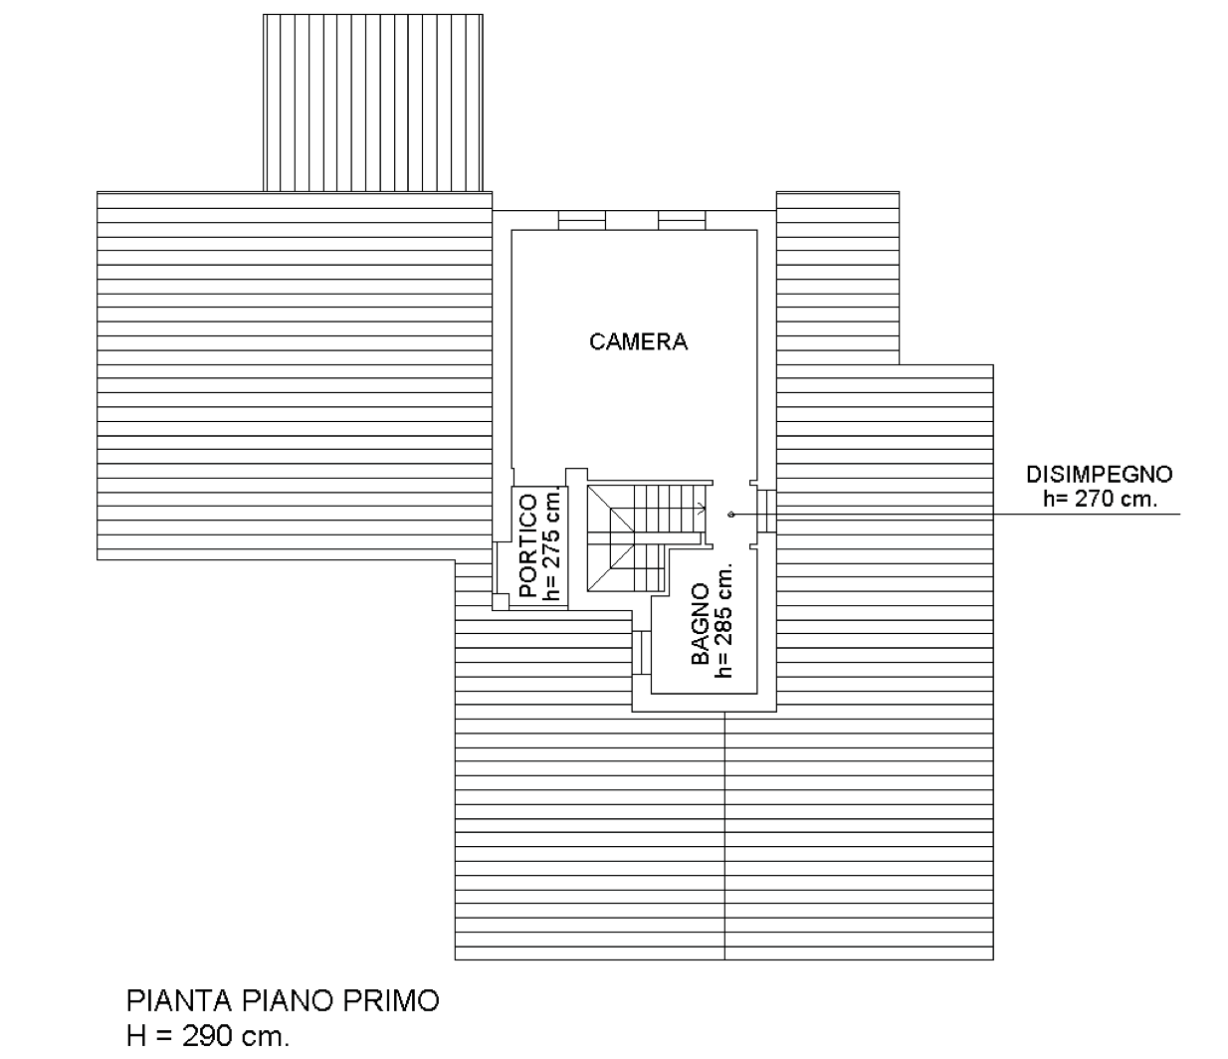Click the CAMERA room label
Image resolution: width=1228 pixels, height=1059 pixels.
coord(639,341)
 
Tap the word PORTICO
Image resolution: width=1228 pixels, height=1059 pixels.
coord(528,546)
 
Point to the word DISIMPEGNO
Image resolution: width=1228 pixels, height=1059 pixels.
coord(1100,474)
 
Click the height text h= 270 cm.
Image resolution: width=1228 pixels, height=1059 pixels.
coord(1101,499)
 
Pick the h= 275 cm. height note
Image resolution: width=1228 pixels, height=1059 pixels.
coord(551,546)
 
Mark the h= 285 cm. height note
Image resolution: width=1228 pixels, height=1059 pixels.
coord(724,623)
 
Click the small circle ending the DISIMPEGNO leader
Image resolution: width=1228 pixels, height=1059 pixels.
coord(731,515)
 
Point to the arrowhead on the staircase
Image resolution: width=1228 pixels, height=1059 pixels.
coord(703,509)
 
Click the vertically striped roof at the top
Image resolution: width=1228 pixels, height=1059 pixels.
coord(372,102)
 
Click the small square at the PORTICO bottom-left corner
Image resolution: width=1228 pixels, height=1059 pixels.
coord(500,600)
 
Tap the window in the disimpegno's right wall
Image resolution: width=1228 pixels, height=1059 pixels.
coord(767,511)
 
